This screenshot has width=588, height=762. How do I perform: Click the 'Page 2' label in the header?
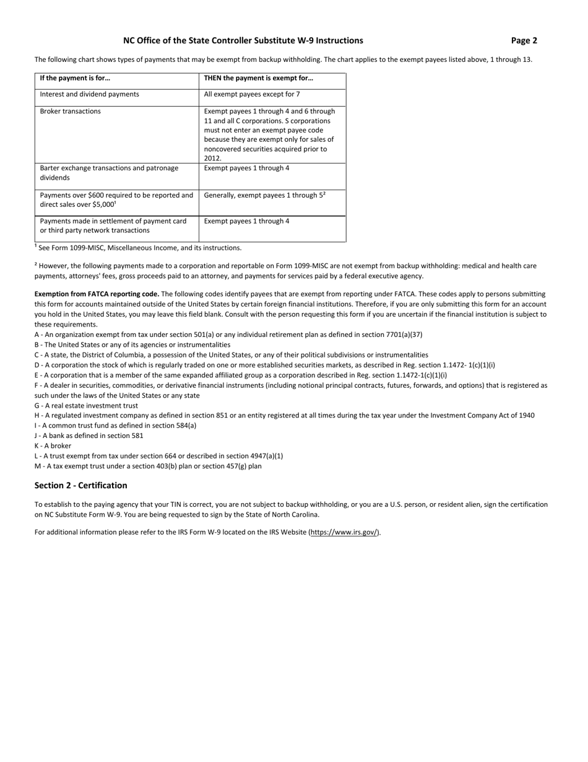point(524,41)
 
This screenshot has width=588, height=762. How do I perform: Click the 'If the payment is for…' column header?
point(75,78)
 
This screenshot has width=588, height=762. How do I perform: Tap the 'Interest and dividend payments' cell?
point(89,94)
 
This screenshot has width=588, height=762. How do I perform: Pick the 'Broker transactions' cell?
point(70,112)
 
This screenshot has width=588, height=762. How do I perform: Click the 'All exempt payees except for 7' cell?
point(251,94)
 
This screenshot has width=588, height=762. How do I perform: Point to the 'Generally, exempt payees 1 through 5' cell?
point(264,195)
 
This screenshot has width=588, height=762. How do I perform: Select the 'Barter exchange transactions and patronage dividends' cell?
point(109,173)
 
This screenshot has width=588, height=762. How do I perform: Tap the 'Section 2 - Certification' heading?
point(80,485)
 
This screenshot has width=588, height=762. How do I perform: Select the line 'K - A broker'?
point(53,446)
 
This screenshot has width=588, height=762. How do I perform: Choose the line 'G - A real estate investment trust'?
point(86,406)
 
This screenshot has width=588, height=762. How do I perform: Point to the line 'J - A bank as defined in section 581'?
point(89,436)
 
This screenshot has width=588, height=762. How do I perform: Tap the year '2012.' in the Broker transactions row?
point(212,159)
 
